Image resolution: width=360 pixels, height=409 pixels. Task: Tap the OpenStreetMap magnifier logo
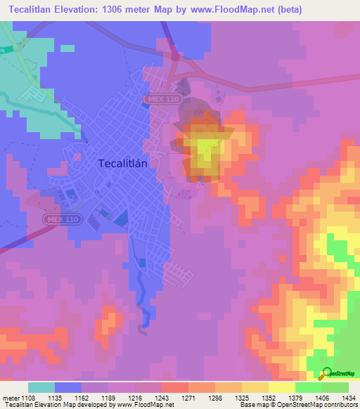coord(326,375)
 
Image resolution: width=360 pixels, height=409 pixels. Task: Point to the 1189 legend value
coord(120,398)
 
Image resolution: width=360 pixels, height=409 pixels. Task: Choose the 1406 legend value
coord(321,398)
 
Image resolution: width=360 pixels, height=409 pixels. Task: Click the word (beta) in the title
coord(297,8)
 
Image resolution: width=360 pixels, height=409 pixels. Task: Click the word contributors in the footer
coord(338,405)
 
